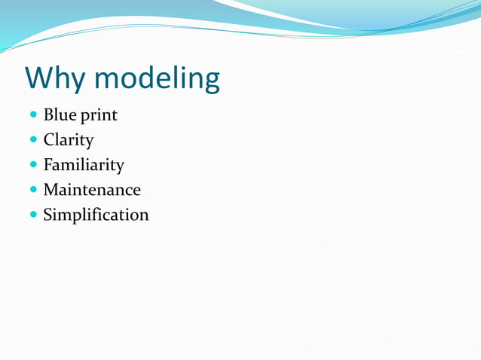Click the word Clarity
[x=69, y=141]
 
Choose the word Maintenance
[x=92, y=190]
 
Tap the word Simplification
[x=96, y=215]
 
